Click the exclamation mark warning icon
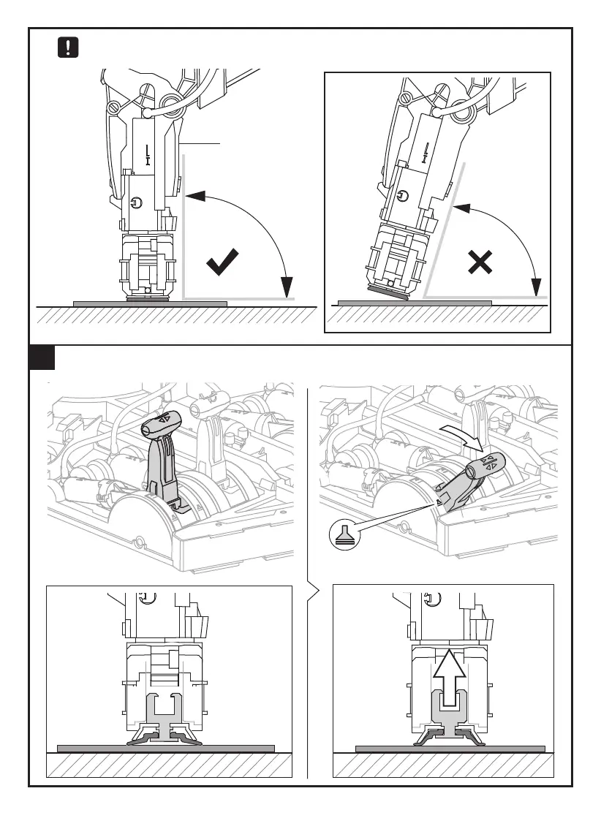click(x=68, y=48)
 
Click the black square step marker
click(x=42, y=358)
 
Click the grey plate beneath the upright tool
click(x=150, y=303)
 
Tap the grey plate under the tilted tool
click(x=414, y=302)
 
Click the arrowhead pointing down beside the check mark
click(x=287, y=287)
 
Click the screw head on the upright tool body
click(x=138, y=203)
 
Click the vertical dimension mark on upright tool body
click(x=148, y=154)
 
